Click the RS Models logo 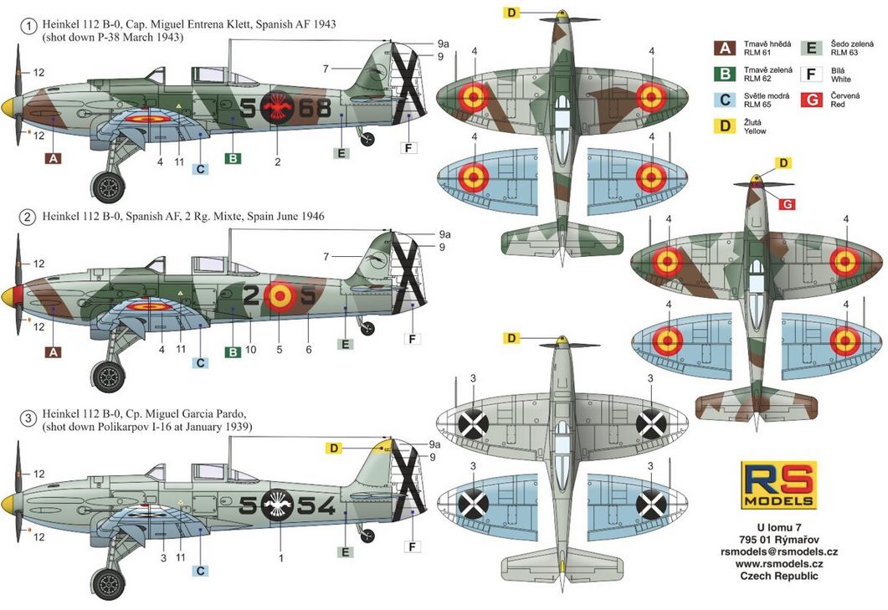[x=778, y=484]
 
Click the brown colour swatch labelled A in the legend [x=725, y=48]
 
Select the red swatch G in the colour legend [x=812, y=100]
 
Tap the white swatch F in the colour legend [x=812, y=74]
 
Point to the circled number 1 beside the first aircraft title [x=28, y=25]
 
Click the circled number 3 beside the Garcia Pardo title [x=28, y=419]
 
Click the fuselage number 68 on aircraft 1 [x=314, y=107]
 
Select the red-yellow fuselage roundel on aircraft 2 [x=279, y=296]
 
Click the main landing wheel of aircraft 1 [x=108, y=187]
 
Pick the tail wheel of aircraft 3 [x=367, y=535]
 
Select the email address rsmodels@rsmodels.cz [x=778, y=551]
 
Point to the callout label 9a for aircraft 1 [x=444, y=44]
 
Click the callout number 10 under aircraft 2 [x=250, y=350]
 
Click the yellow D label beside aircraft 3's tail [x=334, y=448]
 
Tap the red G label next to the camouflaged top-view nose [x=787, y=204]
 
